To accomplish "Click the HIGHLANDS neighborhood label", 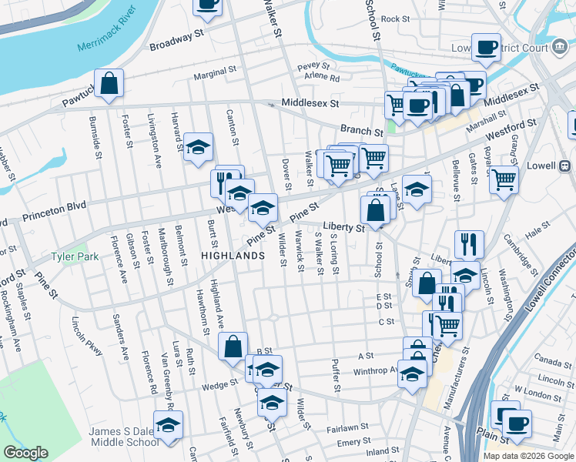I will click(227, 255).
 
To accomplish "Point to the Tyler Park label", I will click(74, 256).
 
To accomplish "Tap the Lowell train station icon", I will click(564, 166).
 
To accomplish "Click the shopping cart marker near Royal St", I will click(504, 179).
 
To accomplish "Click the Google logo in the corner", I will click(26, 453).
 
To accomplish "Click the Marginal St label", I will click(215, 72).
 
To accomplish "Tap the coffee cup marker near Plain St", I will click(517, 423).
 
